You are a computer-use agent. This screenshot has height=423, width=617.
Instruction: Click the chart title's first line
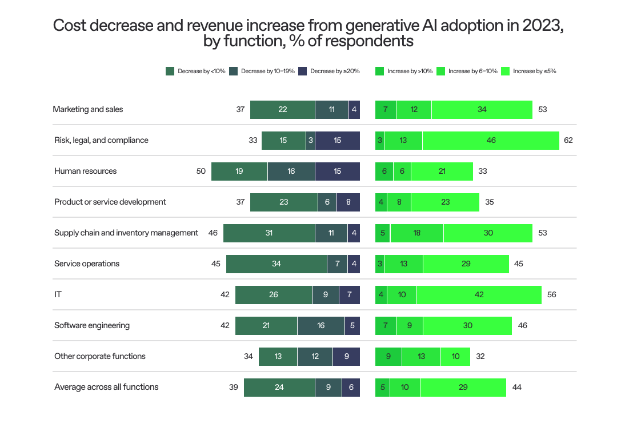pyautogui.click(x=308, y=26)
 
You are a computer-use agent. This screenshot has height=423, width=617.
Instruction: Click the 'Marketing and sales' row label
pyautogui.click(x=89, y=109)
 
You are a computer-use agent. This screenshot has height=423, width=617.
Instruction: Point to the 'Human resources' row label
pyautogui.click(x=86, y=171)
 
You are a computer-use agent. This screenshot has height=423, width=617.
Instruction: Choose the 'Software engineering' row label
pyautogui.click(x=92, y=325)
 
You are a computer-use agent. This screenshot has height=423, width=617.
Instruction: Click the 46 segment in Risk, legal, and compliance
pyautogui.click(x=491, y=140)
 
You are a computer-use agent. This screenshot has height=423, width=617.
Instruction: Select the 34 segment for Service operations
pyautogui.click(x=277, y=264)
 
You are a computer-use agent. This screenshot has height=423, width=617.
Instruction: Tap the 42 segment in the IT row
pyautogui.click(x=479, y=294)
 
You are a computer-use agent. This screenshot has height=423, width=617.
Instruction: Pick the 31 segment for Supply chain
pyautogui.click(x=269, y=233)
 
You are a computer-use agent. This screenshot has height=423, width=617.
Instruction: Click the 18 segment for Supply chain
pyautogui.click(x=417, y=233)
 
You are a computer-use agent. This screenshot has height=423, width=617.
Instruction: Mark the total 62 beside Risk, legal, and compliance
pyautogui.click(x=568, y=140)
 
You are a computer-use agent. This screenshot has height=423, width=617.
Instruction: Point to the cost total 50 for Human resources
pyautogui.click(x=201, y=171)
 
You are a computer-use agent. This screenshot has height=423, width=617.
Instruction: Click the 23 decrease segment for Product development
pyautogui.click(x=284, y=202)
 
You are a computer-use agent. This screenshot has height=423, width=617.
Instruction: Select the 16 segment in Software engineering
pyautogui.click(x=321, y=325)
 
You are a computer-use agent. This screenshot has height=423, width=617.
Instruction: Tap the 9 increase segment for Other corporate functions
pyautogui.click(x=388, y=356)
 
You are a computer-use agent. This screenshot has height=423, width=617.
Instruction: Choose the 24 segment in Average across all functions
pyautogui.click(x=279, y=387)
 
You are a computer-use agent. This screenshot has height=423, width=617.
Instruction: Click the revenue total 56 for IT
pyautogui.click(x=551, y=294)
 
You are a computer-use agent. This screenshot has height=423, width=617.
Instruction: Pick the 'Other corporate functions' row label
pyautogui.click(x=100, y=356)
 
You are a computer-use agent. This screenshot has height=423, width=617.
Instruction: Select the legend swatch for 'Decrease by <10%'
pyautogui.click(x=170, y=71)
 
